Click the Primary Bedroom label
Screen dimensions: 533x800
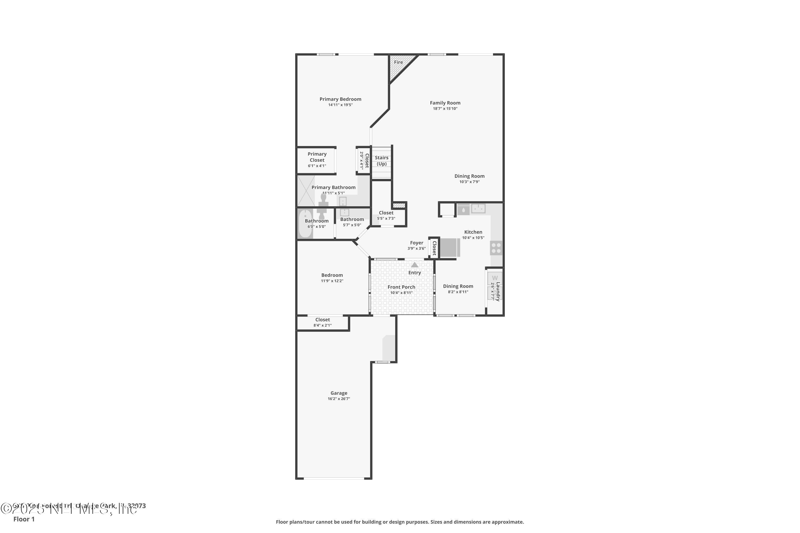pyautogui.click(x=340, y=99)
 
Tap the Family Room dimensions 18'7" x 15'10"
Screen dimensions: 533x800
pyautogui.click(x=445, y=109)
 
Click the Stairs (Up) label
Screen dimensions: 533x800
pyautogui.click(x=381, y=161)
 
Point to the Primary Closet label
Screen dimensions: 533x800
pyautogui.click(x=317, y=157)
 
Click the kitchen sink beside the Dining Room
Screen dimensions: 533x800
pyautogui.click(x=478, y=208)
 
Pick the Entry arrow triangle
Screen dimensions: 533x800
pyautogui.click(x=414, y=265)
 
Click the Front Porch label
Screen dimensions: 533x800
pyautogui.click(x=401, y=287)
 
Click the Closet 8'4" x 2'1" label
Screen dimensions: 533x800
pyautogui.click(x=322, y=320)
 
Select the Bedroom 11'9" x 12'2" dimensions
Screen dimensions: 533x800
pyautogui.click(x=332, y=281)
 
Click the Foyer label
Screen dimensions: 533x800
pyautogui.click(x=416, y=243)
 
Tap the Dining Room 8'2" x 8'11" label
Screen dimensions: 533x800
pyautogui.click(x=458, y=286)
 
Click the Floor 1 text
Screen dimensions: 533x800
pyautogui.click(x=24, y=519)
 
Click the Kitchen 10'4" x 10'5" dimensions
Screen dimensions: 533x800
pyautogui.click(x=473, y=238)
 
